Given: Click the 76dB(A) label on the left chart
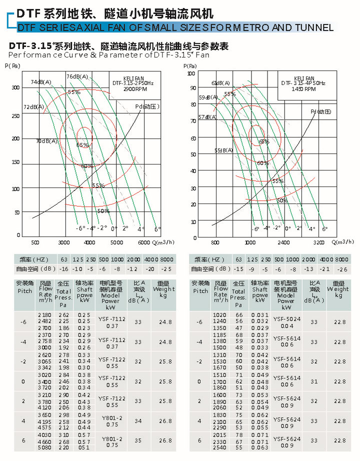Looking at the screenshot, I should click(77, 76).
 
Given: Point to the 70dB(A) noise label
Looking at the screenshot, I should click(46, 141).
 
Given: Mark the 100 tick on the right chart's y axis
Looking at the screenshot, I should click(190, 73).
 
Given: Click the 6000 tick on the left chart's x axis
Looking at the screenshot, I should click(143, 242).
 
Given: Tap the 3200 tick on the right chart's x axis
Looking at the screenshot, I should click(319, 242).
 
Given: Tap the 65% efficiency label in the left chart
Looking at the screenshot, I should click(82, 145).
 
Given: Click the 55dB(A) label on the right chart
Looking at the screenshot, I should click(223, 150).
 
